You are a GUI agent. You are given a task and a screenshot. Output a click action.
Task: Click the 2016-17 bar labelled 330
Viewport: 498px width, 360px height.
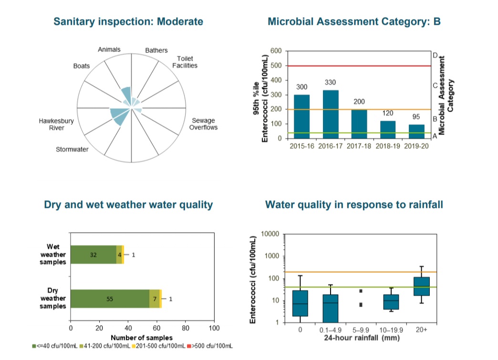click(330, 114)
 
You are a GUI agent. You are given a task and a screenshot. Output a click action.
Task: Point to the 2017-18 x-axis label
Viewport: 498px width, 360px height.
click(360, 146)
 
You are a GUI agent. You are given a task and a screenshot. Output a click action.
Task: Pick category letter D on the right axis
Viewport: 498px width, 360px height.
click(435, 55)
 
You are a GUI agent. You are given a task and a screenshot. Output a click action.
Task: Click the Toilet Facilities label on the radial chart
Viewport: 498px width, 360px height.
click(185, 62)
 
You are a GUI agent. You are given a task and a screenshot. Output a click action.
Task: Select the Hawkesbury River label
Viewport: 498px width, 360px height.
click(56, 124)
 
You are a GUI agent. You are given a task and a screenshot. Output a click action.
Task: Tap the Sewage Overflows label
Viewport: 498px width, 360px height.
click(203, 124)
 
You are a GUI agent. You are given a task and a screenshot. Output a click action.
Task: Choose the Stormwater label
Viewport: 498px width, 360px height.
click(73, 150)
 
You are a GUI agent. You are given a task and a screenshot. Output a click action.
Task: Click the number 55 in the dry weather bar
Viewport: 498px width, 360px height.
click(110, 299)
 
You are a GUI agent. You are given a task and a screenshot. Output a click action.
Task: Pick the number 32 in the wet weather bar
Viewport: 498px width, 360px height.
click(93, 255)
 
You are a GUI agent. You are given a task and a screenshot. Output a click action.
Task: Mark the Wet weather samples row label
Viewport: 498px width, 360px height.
click(53, 255)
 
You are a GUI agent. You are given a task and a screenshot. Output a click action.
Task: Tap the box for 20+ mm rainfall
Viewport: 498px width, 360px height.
click(421, 286)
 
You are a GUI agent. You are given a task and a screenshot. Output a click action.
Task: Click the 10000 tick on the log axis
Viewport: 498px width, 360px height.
click(270, 234)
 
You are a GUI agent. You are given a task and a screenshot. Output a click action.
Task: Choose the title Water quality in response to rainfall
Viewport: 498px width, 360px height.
click(354, 205)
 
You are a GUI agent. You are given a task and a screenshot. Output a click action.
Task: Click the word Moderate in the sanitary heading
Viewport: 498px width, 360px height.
click(180, 22)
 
